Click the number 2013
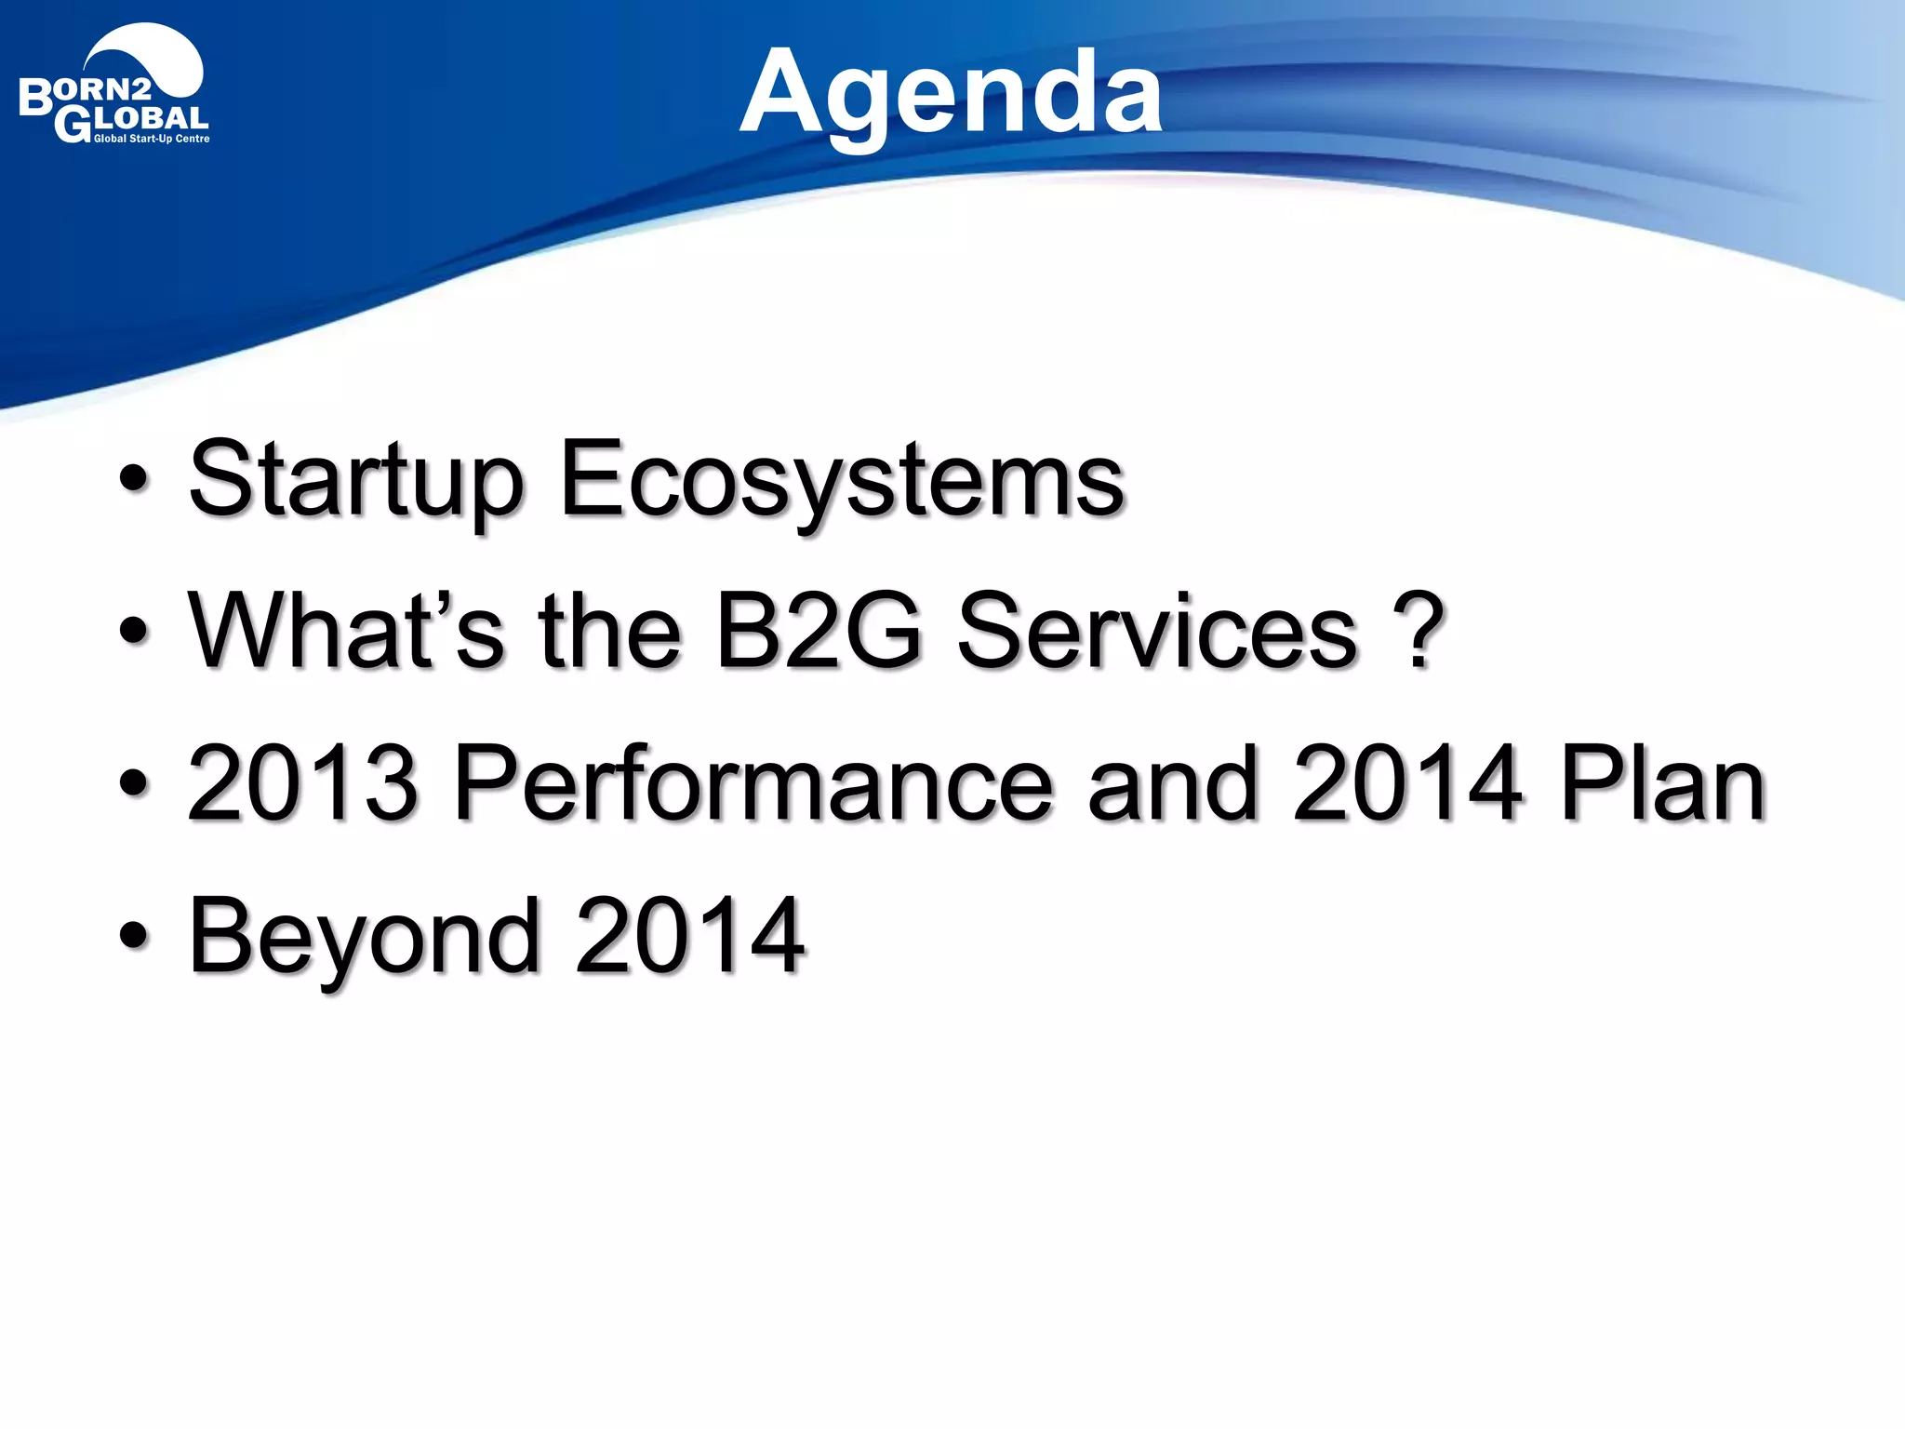302,783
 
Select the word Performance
753,783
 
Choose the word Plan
1661,783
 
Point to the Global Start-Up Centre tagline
152,140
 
